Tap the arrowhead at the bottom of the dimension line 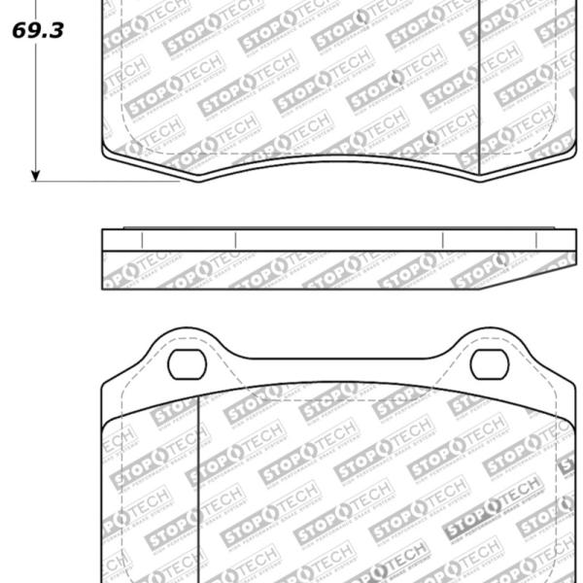tap(36, 175)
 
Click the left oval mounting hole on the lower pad tap(187, 363)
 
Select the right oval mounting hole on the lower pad tap(489, 363)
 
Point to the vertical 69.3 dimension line tap(36, 107)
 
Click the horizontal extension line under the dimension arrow tap(107, 181)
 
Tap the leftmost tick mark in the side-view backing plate tap(142, 240)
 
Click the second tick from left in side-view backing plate tap(235, 240)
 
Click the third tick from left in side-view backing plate tap(443, 240)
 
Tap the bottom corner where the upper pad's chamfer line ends tap(481, 176)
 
